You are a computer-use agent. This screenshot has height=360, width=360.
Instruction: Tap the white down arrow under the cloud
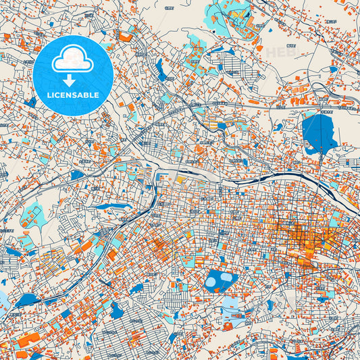pyautogui.click(x=74, y=82)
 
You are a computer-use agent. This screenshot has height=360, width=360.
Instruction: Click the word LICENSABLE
pyautogui.click(x=74, y=95)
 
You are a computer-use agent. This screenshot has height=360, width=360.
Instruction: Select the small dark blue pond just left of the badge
pyautogui.click(x=30, y=102)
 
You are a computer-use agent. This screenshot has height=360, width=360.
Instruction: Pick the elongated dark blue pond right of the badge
pyautogui.click(x=159, y=68)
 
